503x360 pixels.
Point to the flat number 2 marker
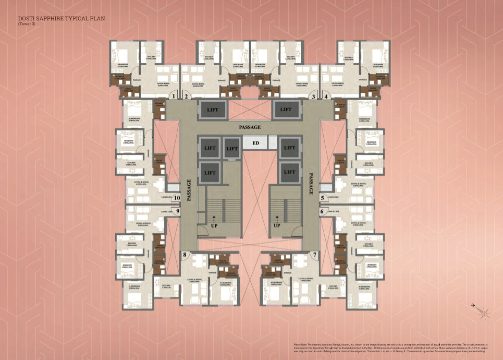pos(186,96)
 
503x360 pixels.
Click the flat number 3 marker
pos(313,96)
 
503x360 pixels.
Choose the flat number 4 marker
pos(326,96)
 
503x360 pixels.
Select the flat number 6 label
pos(322,211)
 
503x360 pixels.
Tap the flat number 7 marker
pos(314,255)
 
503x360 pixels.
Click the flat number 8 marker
pos(185,255)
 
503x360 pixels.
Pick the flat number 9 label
pos(178,211)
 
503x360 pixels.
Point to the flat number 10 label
pos(177,198)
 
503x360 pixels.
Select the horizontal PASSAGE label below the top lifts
pos(250,127)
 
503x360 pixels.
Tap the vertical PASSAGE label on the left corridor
pos(188,186)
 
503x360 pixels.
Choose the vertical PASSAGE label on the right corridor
pos(311,184)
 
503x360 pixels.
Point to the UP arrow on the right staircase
pos(277,220)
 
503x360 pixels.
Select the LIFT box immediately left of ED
pos(231,148)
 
